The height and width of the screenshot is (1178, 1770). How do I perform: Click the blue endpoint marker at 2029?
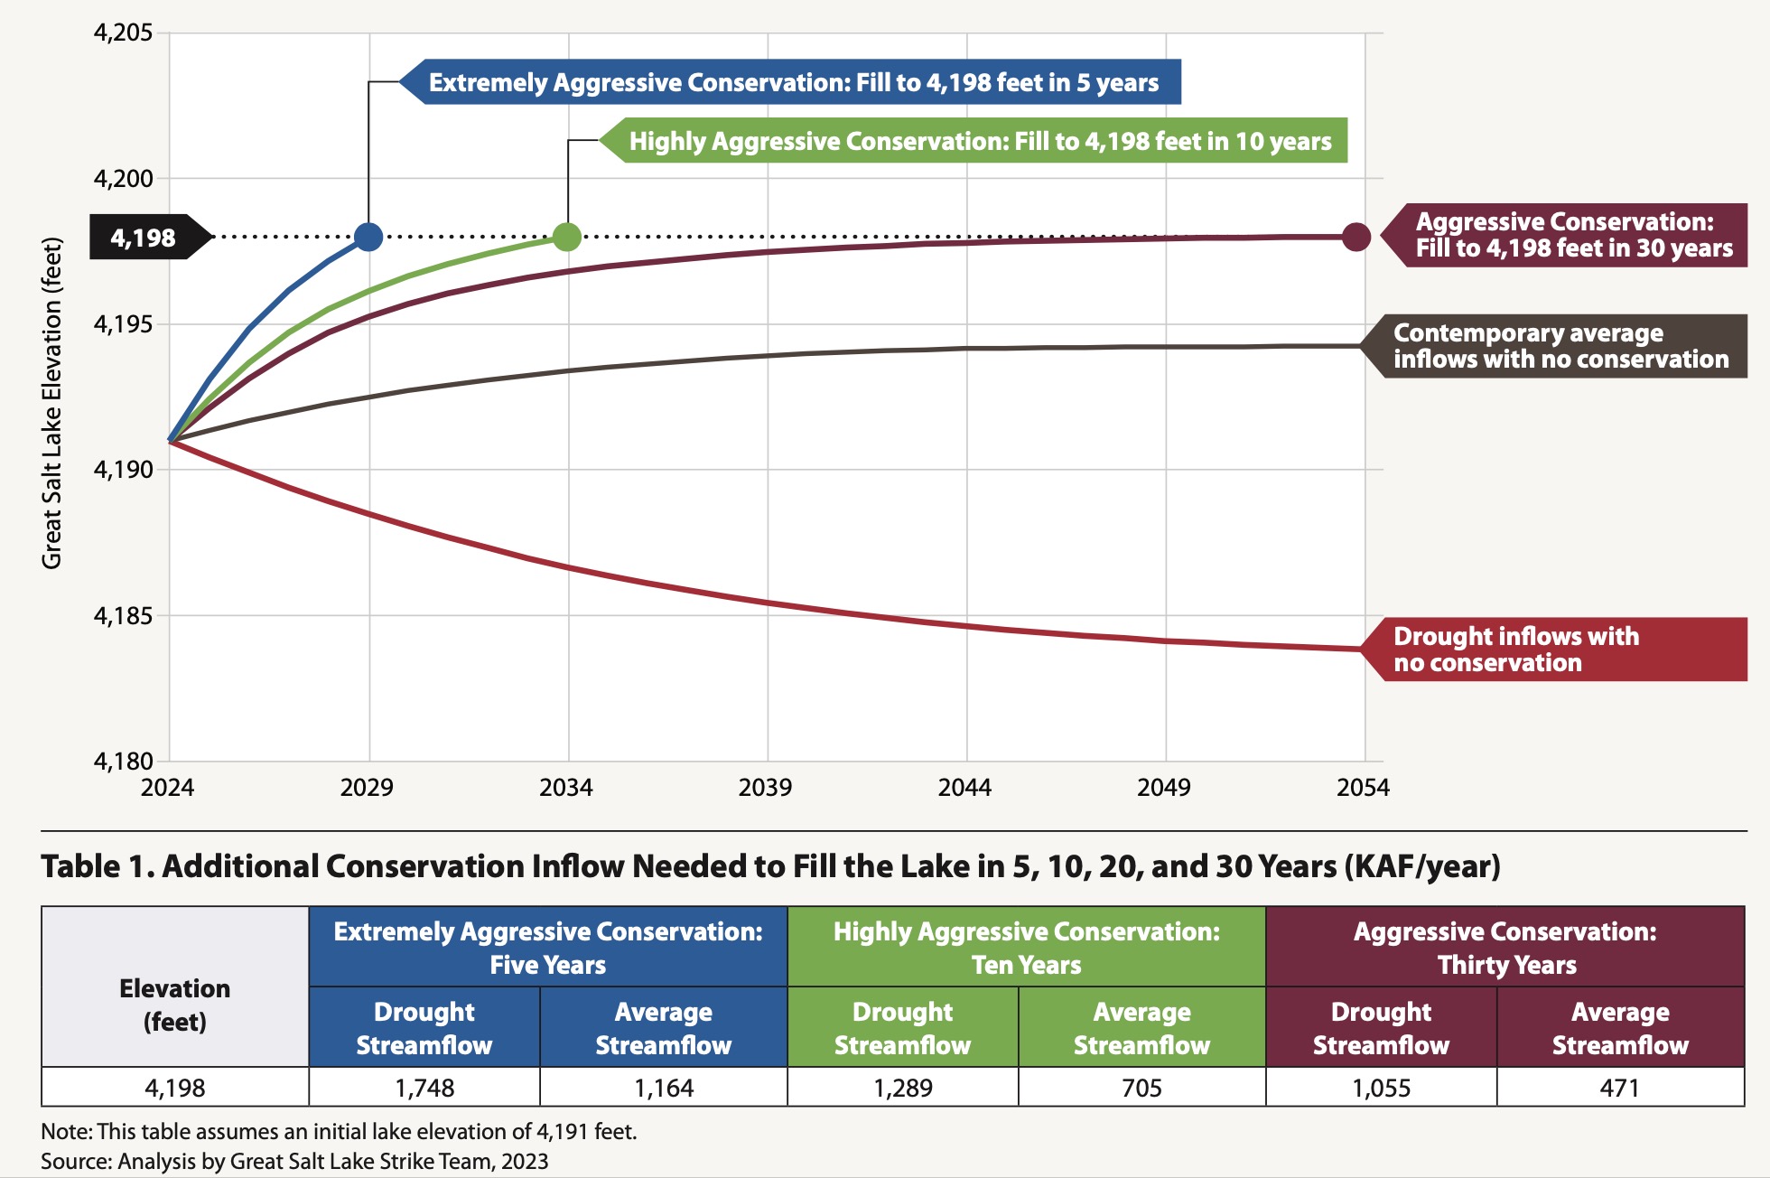[x=368, y=237]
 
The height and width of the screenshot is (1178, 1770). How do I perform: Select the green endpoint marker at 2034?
[x=566, y=237]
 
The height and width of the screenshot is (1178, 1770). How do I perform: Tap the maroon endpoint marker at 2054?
[x=1355, y=237]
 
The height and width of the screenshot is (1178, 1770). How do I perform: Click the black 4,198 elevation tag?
[x=144, y=238]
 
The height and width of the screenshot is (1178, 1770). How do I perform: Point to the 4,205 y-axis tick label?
[x=124, y=33]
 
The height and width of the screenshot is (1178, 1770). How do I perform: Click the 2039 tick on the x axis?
[x=765, y=788]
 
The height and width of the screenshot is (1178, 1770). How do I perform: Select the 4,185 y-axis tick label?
[x=124, y=616]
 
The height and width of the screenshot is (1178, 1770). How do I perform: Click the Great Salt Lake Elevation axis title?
[x=52, y=403]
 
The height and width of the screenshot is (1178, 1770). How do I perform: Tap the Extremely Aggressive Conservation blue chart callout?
[x=793, y=82]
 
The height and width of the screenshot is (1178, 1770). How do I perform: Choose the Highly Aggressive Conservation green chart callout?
[x=979, y=141]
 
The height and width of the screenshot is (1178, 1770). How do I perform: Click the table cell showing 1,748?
[x=424, y=1088]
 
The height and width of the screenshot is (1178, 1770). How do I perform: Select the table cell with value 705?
[x=1141, y=1088]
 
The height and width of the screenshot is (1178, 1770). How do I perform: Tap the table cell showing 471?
[x=1619, y=1088]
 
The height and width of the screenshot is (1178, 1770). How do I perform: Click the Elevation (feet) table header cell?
[x=175, y=1005]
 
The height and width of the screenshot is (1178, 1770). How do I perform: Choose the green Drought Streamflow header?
[x=902, y=1028]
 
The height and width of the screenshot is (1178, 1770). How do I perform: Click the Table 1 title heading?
[x=770, y=866]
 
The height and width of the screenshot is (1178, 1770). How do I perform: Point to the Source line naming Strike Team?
[x=294, y=1161]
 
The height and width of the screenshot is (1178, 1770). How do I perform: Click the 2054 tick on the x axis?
[x=1363, y=788]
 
